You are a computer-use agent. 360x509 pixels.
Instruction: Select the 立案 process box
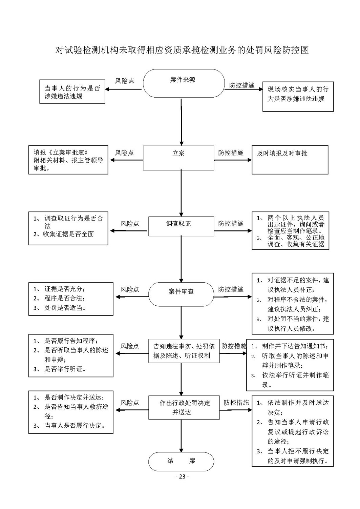(178, 158)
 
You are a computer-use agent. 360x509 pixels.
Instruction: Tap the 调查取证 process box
(181, 226)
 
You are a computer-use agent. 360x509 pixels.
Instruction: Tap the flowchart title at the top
(182, 50)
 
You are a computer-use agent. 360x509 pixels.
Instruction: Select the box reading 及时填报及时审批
(290, 160)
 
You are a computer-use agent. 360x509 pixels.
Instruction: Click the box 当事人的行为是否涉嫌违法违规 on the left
(72, 91)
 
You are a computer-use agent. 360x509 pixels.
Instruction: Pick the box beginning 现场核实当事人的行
(298, 97)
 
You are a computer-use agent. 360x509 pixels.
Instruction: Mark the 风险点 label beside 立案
(124, 153)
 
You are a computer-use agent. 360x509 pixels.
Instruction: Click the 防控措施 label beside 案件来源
(242, 85)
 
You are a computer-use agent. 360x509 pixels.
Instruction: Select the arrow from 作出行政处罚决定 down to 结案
(181, 436)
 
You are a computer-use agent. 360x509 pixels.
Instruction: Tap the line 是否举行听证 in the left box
(60, 369)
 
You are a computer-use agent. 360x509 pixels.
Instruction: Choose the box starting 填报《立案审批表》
(68, 160)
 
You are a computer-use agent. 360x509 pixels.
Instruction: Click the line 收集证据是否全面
(64, 234)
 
